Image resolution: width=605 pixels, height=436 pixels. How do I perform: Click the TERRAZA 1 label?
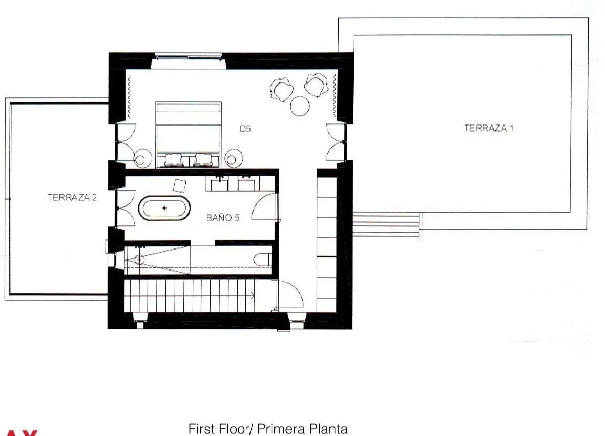point(489,128)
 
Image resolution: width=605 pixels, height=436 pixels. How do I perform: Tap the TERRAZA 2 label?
point(72,198)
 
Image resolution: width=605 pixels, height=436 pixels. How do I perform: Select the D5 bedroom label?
point(245,129)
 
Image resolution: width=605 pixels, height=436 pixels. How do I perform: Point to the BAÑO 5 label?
point(223,218)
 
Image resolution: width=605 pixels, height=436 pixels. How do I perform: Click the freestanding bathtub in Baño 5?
point(164,209)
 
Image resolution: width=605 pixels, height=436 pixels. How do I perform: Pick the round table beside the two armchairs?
point(300,106)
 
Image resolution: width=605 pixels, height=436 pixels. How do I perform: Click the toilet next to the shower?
point(262,259)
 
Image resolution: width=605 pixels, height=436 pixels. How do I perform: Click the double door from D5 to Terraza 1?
point(336,142)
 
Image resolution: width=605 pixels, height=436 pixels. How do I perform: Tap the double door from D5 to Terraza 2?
point(126,142)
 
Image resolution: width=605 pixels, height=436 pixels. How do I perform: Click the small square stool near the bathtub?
point(179,185)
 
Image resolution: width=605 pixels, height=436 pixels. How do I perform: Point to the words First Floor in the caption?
point(219,429)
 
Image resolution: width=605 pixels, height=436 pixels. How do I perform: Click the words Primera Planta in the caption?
point(302,429)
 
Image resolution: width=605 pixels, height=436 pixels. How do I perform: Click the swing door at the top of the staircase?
point(289,295)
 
